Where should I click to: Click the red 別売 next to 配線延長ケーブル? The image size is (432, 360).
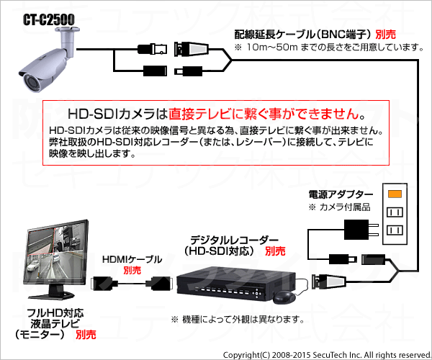tap(385, 35)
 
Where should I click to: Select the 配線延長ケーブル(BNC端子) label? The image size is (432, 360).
tap(303, 35)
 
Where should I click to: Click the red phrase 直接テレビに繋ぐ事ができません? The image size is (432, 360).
tap(264, 114)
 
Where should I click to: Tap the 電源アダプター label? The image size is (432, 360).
tap(341, 195)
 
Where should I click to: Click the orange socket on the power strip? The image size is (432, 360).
tap(394, 194)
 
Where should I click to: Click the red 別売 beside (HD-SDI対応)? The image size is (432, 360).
tap(274, 251)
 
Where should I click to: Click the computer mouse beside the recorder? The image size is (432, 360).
tap(287, 296)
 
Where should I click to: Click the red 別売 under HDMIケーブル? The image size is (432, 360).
tap(132, 270)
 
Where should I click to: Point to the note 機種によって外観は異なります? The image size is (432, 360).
tap(237, 319)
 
